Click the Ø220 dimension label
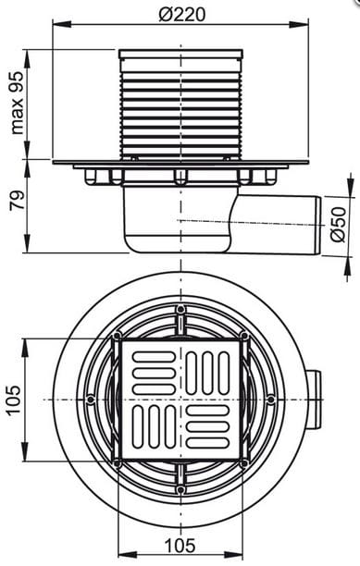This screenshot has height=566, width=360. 181,15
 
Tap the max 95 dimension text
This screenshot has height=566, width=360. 17,103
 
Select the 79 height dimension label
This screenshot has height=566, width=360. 17,200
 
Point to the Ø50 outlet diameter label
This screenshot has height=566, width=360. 339,225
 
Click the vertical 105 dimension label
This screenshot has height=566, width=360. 14,400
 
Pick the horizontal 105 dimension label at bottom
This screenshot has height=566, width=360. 180,545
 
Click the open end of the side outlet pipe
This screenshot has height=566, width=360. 317,226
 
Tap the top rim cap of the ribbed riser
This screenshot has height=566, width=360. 180,54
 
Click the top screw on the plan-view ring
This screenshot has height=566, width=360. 180,309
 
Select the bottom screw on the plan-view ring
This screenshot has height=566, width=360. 180,489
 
